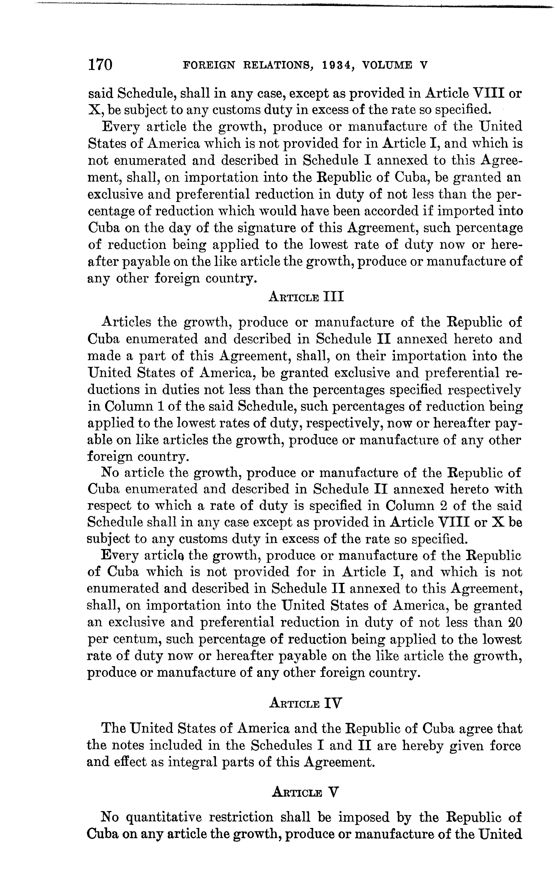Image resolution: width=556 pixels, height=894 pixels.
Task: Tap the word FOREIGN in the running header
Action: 208,65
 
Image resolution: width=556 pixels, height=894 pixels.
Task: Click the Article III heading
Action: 307,296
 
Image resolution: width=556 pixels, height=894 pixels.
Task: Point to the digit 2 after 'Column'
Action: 444,506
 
